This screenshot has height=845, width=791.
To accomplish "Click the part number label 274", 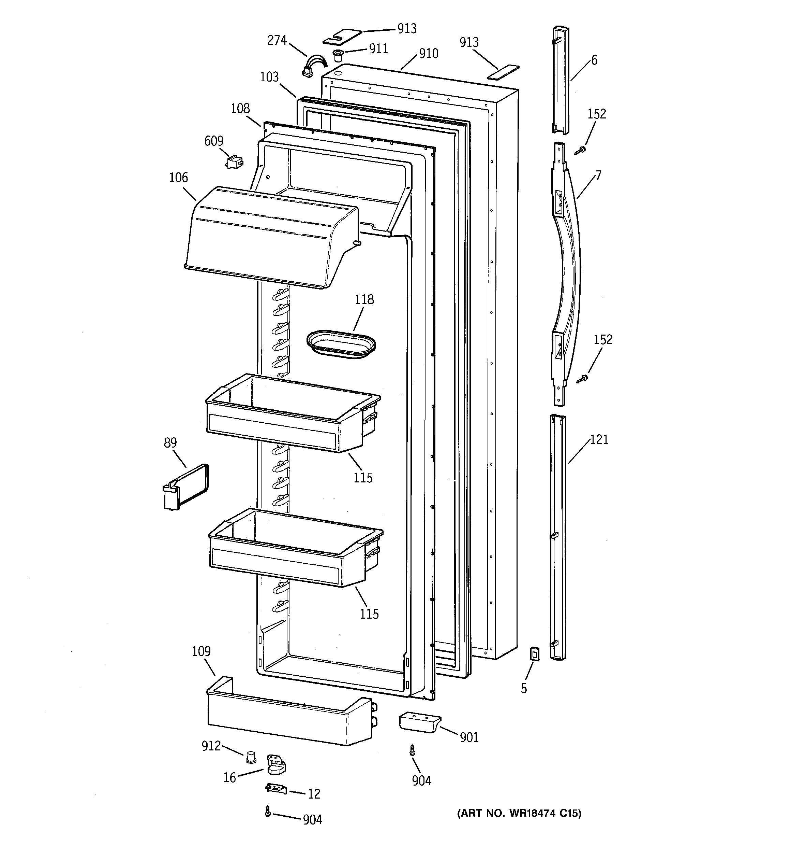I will pyautogui.click(x=277, y=40).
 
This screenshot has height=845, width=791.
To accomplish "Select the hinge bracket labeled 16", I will pyautogui.click(x=276, y=765).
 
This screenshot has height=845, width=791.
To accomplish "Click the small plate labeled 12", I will pyautogui.click(x=276, y=789).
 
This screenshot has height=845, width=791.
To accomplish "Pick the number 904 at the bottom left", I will pyautogui.click(x=313, y=819).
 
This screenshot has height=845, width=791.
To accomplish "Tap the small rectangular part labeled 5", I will pyautogui.click(x=535, y=654).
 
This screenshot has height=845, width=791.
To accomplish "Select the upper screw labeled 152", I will pyautogui.click(x=581, y=150).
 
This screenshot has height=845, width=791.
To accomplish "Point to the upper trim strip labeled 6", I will pyautogui.click(x=561, y=81).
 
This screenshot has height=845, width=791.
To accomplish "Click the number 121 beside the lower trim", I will pyautogui.click(x=599, y=439).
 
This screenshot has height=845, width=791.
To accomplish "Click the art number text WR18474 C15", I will pyautogui.click(x=519, y=813).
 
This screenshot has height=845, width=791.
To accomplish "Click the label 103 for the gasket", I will pyautogui.click(x=269, y=77).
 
